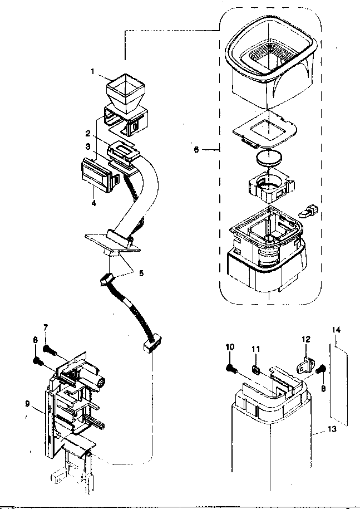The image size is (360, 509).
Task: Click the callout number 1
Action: click(93, 71)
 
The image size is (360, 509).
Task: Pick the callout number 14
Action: click(335, 330)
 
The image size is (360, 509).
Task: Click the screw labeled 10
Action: click(232, 368)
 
